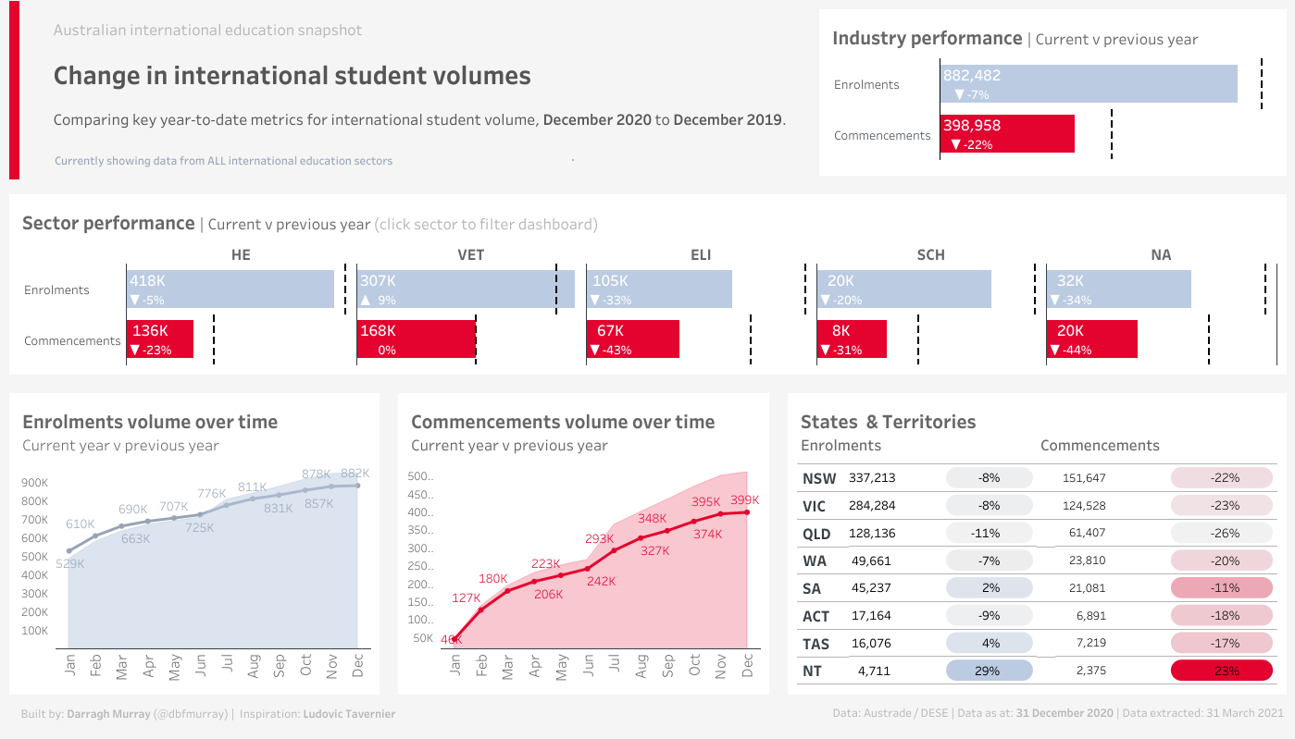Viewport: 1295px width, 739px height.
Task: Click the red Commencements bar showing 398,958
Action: pos(1007,134)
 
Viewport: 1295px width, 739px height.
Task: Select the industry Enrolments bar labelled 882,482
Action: pos(1089,84)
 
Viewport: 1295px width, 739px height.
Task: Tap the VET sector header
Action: pos(470,254)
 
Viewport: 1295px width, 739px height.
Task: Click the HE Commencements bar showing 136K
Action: pos(159,339)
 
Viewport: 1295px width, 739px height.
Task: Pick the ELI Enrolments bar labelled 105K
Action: pos(658,289)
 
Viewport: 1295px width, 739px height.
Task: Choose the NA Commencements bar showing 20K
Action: pos(1091,339)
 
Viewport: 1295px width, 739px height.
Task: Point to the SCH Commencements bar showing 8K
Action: pos(852,339)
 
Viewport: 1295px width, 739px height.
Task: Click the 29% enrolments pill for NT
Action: pos(989,671)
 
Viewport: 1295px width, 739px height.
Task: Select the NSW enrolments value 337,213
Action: pos(872,478)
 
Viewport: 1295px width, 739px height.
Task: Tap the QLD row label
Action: pos(816,534)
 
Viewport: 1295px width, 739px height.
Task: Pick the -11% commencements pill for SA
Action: pos(1220,588)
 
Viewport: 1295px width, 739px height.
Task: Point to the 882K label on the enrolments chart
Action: pos(355,473)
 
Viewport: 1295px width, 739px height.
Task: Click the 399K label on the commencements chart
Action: pos(743,500)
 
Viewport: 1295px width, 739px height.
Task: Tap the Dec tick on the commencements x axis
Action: pos(748,667)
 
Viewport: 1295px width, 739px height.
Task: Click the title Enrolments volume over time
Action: pos(150,422)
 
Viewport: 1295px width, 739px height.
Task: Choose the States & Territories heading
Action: pos(888,422)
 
